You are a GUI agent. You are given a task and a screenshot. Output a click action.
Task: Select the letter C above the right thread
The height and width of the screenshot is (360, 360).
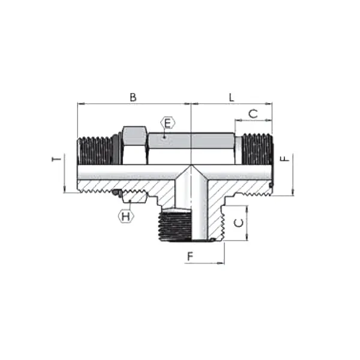(x=253, y=113)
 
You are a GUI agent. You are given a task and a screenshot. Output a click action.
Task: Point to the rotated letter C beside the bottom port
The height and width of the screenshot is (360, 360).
(x=239, y=223)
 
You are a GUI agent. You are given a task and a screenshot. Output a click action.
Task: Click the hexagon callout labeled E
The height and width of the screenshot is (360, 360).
(x=167, y=124)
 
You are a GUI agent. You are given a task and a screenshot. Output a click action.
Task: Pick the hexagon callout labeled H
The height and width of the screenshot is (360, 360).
(x=125, y=216)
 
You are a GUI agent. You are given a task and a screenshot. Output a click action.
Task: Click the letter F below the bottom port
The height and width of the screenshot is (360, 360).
(x=190, y=257)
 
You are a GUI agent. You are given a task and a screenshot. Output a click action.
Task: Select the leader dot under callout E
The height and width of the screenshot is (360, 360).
(x=167, y=137)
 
